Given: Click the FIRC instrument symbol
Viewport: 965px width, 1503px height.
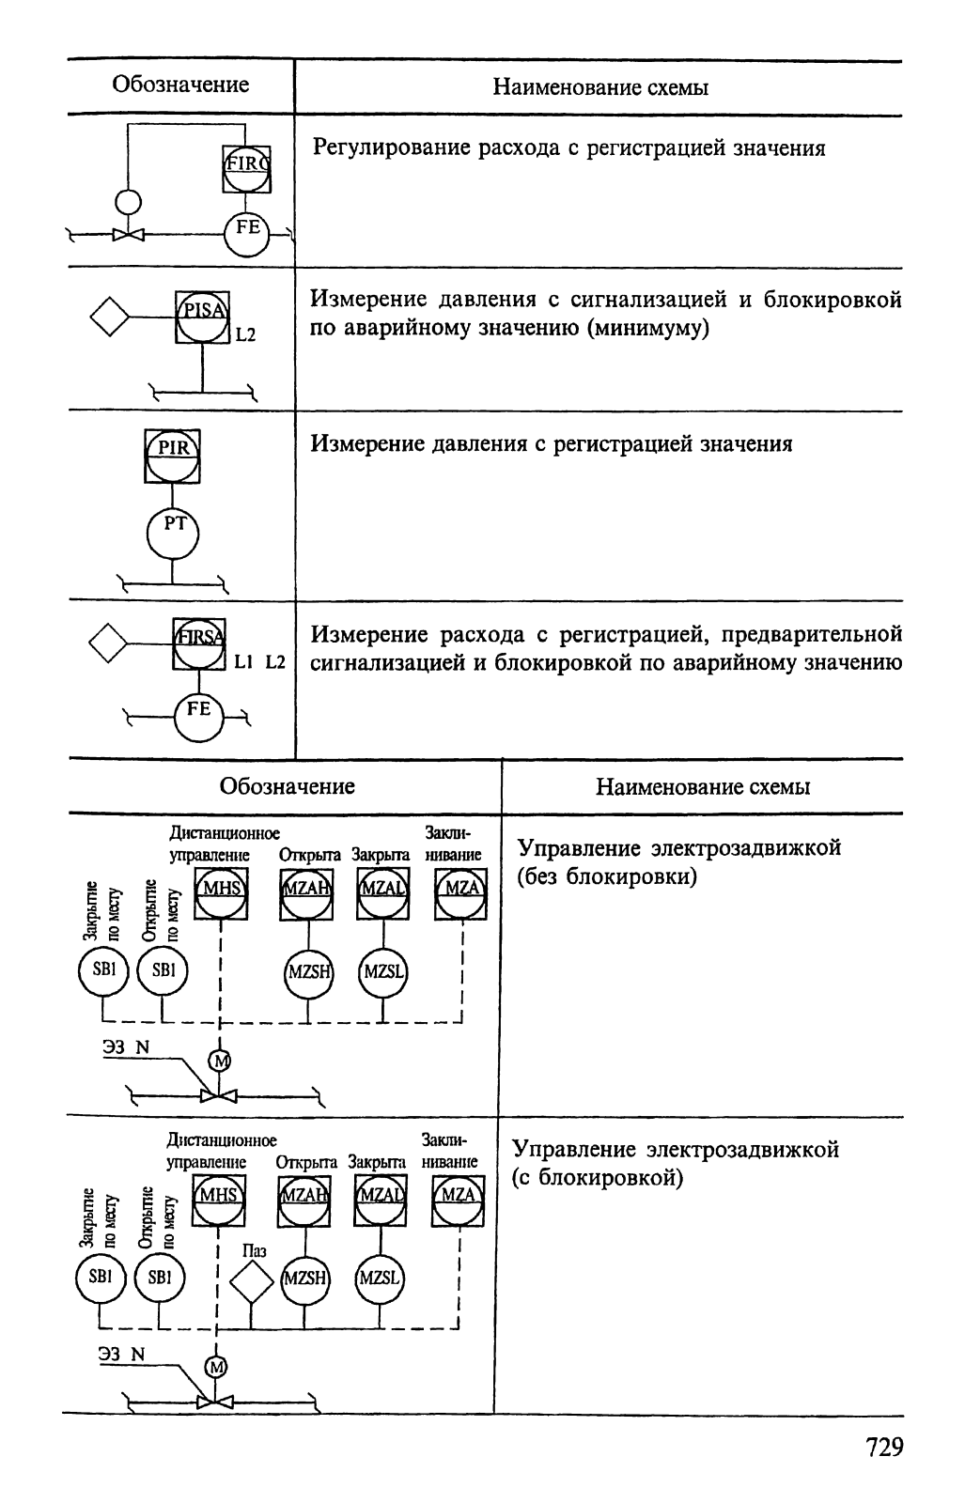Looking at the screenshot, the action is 246,170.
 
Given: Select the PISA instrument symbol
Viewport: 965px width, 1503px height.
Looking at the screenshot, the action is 203,318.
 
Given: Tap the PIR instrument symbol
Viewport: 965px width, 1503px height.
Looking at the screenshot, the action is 173,457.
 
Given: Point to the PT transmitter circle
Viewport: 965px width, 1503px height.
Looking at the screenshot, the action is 173,535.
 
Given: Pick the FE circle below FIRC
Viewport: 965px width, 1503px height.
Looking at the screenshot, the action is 246,235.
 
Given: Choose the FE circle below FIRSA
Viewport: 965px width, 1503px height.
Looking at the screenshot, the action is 198,717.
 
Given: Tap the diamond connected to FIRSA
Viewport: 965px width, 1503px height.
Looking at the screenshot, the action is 108,643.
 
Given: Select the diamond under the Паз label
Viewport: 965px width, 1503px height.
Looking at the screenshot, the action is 252,1282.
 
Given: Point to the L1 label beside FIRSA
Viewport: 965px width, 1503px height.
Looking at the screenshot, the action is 243,662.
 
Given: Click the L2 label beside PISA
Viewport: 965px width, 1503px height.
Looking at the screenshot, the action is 245,334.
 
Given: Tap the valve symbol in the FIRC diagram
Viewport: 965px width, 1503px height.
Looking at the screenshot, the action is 128,236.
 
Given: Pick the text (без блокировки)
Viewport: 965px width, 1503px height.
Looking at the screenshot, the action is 607,876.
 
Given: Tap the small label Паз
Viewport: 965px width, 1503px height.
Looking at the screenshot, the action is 255,1249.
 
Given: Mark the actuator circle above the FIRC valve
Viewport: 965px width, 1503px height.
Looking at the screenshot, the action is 128,201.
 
